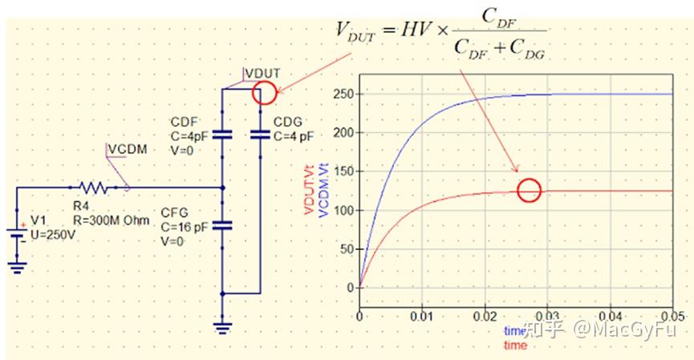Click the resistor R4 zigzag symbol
[x=93, y=188]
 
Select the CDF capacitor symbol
[x=222, y=135]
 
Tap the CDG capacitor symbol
[x=260, y=135]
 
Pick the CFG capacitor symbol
[x=222, y=226]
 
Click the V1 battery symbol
[x=17, y=234]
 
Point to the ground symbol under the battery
[x=17, y=268]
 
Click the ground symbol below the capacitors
[x=222, y=328]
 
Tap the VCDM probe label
[x=128, y=149]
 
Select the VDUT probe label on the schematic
[x=263, y=74]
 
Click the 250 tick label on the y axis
[x=344, y=94]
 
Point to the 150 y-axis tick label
[x=344, y=171]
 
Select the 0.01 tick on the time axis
[x=422, y=317]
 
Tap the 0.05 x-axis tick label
[x=672, y=317]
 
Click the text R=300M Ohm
[x=111, y=220]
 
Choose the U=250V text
[x=53, y=235]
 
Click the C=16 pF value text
[x=184, y=227]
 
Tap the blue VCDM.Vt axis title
[x=323, y=190]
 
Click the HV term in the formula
[x=416, y=30]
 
